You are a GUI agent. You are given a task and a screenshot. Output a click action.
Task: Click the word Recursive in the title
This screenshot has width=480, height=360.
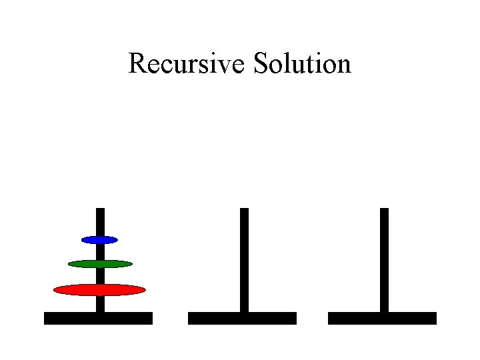[x=187, y=64]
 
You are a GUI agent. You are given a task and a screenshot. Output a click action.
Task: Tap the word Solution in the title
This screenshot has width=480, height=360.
[x=302, y=64]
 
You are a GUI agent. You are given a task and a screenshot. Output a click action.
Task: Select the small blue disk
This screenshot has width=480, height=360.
[x=99, y=239]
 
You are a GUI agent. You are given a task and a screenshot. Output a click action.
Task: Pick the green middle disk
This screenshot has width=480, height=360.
[x=100, y=264]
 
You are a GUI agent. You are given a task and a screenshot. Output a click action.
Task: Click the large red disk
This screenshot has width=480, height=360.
[x=99, y=289]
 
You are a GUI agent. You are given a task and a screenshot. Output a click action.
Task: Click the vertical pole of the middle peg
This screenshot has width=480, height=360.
[x=244, y=260]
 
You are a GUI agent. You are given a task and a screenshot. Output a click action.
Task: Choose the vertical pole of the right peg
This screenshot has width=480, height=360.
[x=384, y=260]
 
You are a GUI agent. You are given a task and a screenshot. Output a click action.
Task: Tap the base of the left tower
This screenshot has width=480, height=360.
[x=98, y=318]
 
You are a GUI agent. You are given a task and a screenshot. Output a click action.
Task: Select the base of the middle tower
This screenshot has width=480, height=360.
[x=242, y=318]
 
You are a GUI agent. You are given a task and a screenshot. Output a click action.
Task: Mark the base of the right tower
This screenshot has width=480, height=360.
[x=382, y=318]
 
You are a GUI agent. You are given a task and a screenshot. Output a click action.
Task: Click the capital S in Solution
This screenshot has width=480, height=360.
[x=261, y=64]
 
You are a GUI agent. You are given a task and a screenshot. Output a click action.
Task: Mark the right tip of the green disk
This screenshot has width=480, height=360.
[x=131, y=264]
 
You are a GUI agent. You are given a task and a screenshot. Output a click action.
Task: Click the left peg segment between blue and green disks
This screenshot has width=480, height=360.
[x=100, y=251]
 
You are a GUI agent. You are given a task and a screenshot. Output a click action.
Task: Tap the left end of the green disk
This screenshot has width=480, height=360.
[x=70, y=264]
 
